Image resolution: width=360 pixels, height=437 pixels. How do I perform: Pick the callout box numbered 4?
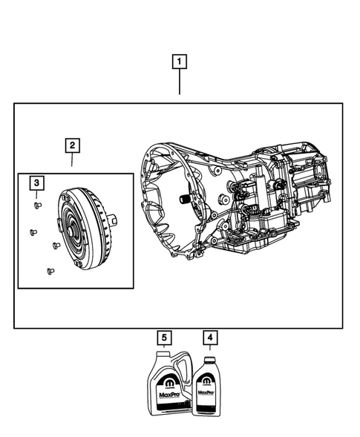click(x=211, y=338)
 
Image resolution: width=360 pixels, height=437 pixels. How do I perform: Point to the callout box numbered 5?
click(x=164, y=338)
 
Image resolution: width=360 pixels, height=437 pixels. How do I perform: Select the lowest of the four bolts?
click(x=49, y=271)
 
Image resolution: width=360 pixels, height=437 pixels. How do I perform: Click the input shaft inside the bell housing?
click(x=180, y=200)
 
